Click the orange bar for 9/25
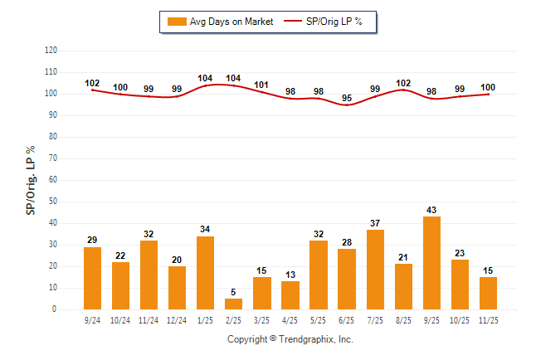pyautogui.click(x=431, y=263)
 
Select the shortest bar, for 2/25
pyautogui.click(x=234, y=304)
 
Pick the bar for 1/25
pyautogui.click(x=206, y=273)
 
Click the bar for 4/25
pyautogui.click(x=290, y=295)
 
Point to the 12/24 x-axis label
pyautogui.click(x=178, y=319)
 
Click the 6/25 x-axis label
pyautogui.click(x=347, y=319)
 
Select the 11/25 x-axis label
pyautogui.click(x=488, y=319)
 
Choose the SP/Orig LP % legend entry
pyautogui.click(x=324, y=22)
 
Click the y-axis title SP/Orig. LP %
pyautogui.click(x=31, y=180)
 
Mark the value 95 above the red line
pyautogui.click(x=347, y=98)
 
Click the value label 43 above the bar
pyautogui.click(x=431, y=210)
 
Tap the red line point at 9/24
pyautogui.click(x=93, y=90)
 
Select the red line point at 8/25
pyautogui.click(x=403, y=90)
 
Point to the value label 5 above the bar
pyautogui.click(x=234, y=292)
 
